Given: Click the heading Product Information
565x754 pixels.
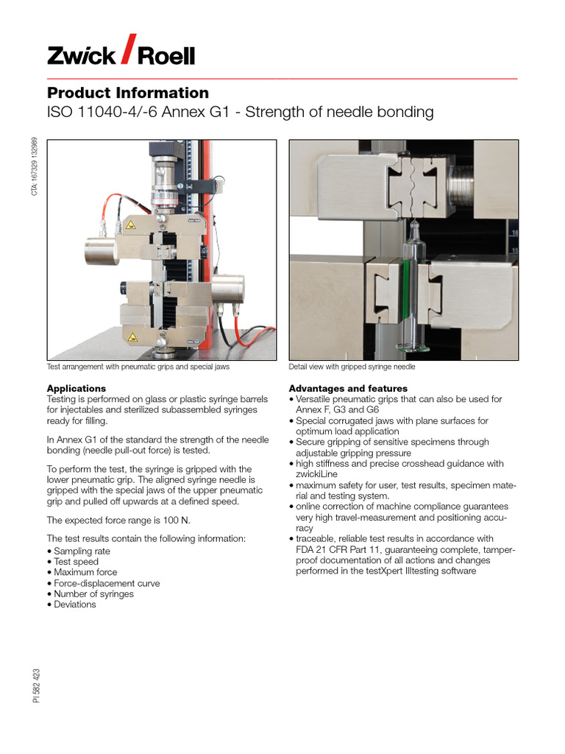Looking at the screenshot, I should (127, 93).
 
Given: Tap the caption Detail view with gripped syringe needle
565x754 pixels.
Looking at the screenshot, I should (352, 367).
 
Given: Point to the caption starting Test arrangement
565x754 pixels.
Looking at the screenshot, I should (143, 367).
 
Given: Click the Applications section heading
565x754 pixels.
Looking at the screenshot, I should (77, 388).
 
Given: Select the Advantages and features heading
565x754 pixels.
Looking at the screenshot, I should (348, 388).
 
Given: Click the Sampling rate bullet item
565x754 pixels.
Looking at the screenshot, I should (82, 551).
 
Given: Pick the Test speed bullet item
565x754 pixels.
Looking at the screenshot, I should (76, 562).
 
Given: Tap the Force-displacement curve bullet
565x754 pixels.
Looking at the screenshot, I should (107, 583).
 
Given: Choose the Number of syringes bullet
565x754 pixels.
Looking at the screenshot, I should (93, 593).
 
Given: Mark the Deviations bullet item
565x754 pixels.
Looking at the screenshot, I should (75, 605).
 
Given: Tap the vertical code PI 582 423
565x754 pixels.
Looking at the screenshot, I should (37, 685).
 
